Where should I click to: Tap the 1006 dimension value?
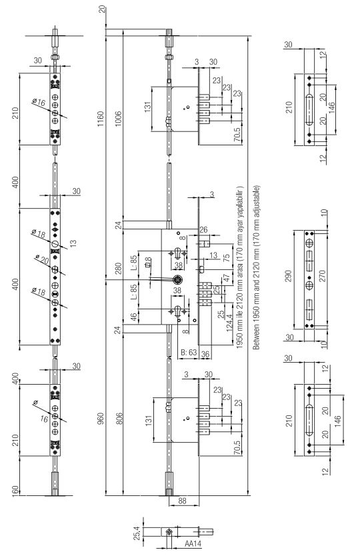pyautogui.click(x=118, y=119)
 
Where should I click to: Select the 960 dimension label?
pyautogui.click(x=101, y=419)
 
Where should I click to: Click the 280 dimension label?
pyautogui.click(x=118, y=268)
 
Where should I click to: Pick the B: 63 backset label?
pyautogui.click(x=189, y=353)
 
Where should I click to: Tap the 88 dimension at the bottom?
pyautogui.click(x=182, y=501)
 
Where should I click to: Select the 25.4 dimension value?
pyautogui.click(x=137, y=533)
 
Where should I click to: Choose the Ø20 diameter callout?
pyautogui.click(x=42, y=259)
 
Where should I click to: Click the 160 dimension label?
pyautogui.click(x=15, y=491)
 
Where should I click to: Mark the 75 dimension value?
pyautogui.click(x=226, y=258)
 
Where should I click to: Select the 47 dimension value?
pyautogui.click(x=225, y=279)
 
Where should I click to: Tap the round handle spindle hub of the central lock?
pyautogui.click(x=177, y=280)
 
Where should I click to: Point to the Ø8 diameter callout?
pyautogui.click(x=148, y=262)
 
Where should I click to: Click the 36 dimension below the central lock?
pyautogui.click(x=205, y=354)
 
